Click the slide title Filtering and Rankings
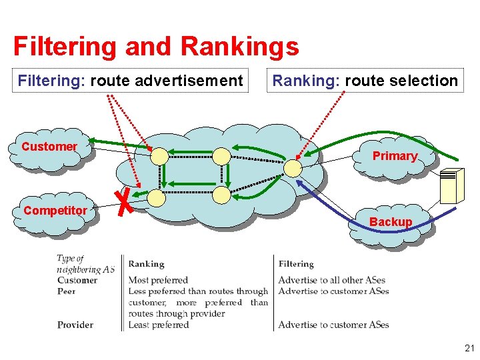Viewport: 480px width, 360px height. [156, 47]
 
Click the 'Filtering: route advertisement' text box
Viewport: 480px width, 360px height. [131, 81]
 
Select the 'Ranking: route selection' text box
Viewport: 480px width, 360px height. [365, 81]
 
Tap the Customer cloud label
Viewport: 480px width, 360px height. [49, 147]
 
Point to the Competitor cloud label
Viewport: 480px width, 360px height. [55, 211]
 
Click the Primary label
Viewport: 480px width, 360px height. [395, 156]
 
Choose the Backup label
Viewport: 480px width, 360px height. [391, 221]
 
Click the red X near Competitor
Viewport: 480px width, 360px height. [121, 203]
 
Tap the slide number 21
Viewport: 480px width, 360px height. [469, 348]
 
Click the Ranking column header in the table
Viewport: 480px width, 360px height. [147, 264]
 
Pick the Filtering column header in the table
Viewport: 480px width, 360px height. [296, 264]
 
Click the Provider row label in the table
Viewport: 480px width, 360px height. [75, 325]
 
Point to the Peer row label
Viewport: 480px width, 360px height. [67, 291]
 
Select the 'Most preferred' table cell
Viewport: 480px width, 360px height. [158, 280]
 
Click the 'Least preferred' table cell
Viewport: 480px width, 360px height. [159, 325]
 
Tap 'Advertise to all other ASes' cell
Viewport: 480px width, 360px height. [332, 280]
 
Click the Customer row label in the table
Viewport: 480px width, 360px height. [77, 280]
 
